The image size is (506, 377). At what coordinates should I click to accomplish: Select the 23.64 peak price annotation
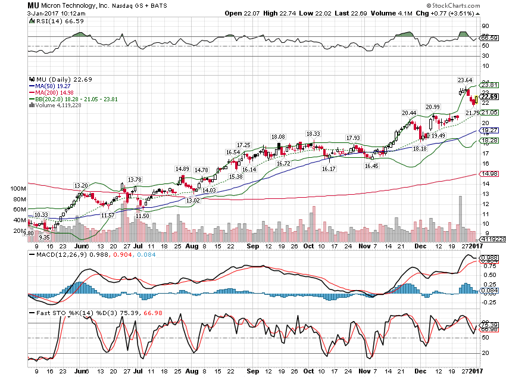pos(465,80)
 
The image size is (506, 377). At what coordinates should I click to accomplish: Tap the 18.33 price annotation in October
pos(313,133)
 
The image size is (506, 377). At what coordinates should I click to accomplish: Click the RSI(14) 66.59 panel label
pos(51,21)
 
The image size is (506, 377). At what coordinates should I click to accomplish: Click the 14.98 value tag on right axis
pos(489,174)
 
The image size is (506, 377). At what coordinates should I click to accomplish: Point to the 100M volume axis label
pos(18,188)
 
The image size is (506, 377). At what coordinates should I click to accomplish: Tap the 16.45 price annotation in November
pos(371,166)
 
